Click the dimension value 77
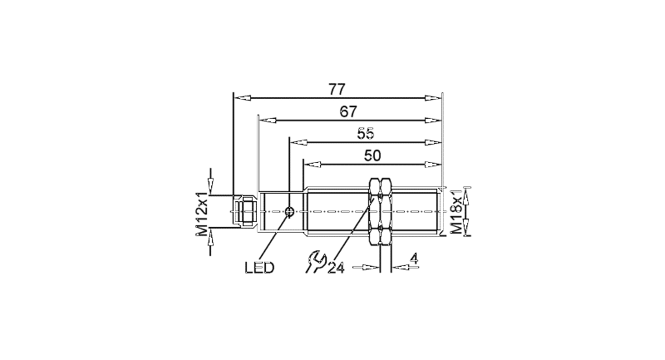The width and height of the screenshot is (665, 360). pyautogui.click(x=337, y=90)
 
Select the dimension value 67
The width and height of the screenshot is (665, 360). pyautogui.click(x=348, y=111)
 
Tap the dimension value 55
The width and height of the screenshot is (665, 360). pyautogui.click(x=366, y=134)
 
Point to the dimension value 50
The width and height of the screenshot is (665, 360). pyautogui.click(x=372, y=155)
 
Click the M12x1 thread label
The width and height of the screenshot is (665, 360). pyautogui.click(x=202, y=214)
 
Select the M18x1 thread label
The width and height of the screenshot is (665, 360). pyautogui.click(x=456, y=211)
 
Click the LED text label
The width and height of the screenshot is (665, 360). pyautogui.click(x=259, y=268)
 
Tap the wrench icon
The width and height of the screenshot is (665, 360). pyautogui.click(x=314, y=262)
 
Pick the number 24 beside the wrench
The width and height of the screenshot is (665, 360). pyautogui.click(x=336, y=268)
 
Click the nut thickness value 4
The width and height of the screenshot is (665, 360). pyautogui.click(x=414, y=259)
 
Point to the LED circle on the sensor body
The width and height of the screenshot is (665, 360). pyautogui.click(x=290, y=211)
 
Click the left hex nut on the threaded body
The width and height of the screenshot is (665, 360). pyautogui.click(x=375, y=211)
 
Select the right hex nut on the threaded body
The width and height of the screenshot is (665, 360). pyautogui.click(x=386, y=211)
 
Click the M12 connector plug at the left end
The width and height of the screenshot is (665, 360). pyautogui.click(x=244, y=211)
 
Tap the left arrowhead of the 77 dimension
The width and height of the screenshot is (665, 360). pyautogui.click(x=241, y=98)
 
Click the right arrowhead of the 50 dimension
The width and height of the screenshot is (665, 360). pyautogui.click(x=433, y=164)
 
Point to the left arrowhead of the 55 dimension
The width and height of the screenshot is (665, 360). pyautogui.click(x=298, y=142)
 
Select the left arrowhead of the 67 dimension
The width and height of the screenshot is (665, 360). pyautogui.click(x=267, y=120)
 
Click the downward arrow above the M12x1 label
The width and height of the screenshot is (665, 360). pyautogui.click(x=210, y=180)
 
